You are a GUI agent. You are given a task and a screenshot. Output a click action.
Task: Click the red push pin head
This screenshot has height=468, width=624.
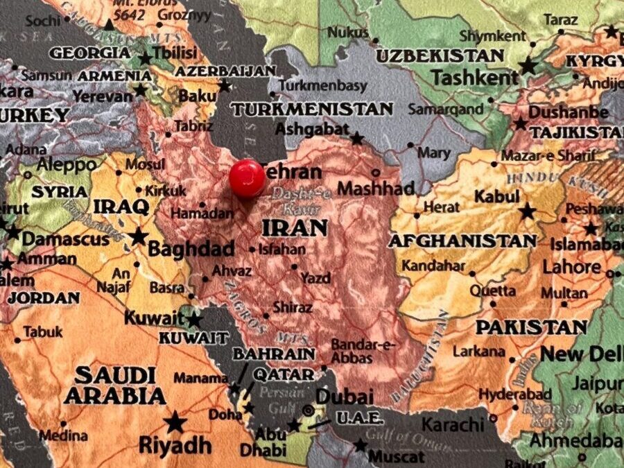point(248,178)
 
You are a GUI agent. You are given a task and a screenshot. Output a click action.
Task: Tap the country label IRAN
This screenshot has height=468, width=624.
point(294,227)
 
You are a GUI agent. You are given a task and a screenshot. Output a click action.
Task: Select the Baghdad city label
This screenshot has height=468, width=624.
point(191,248)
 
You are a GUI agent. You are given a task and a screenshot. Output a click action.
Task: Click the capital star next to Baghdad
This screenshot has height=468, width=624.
point(139,236)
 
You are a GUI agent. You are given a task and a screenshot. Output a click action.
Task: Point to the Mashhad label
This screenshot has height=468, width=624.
point(376,188)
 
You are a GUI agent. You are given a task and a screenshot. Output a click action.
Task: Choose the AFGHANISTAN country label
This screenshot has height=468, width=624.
point(462,241)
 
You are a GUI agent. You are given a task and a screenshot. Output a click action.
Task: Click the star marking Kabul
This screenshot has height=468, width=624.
point(527,211)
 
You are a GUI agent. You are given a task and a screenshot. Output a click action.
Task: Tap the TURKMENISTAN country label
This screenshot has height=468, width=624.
point(312,109)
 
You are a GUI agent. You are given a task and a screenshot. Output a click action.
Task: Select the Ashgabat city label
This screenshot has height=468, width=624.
point(312,129)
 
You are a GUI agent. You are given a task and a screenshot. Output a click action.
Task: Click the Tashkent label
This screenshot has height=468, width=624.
point(475,77)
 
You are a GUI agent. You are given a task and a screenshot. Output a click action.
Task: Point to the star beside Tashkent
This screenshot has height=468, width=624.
point(528,67)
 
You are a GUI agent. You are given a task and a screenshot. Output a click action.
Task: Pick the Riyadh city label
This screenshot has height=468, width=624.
point(175,444)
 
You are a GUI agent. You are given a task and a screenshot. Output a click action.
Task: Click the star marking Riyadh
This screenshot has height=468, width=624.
point(175,422)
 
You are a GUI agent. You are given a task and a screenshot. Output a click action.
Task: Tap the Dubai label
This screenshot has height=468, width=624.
point(345,397)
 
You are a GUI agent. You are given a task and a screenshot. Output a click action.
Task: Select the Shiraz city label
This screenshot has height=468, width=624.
point(293,306)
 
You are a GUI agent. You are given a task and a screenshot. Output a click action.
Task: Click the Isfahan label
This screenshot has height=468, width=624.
point(281,249)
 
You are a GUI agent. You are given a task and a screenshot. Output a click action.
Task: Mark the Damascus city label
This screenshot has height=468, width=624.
point(66,240)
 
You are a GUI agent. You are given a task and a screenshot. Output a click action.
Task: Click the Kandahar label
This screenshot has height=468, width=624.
point(433,266)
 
